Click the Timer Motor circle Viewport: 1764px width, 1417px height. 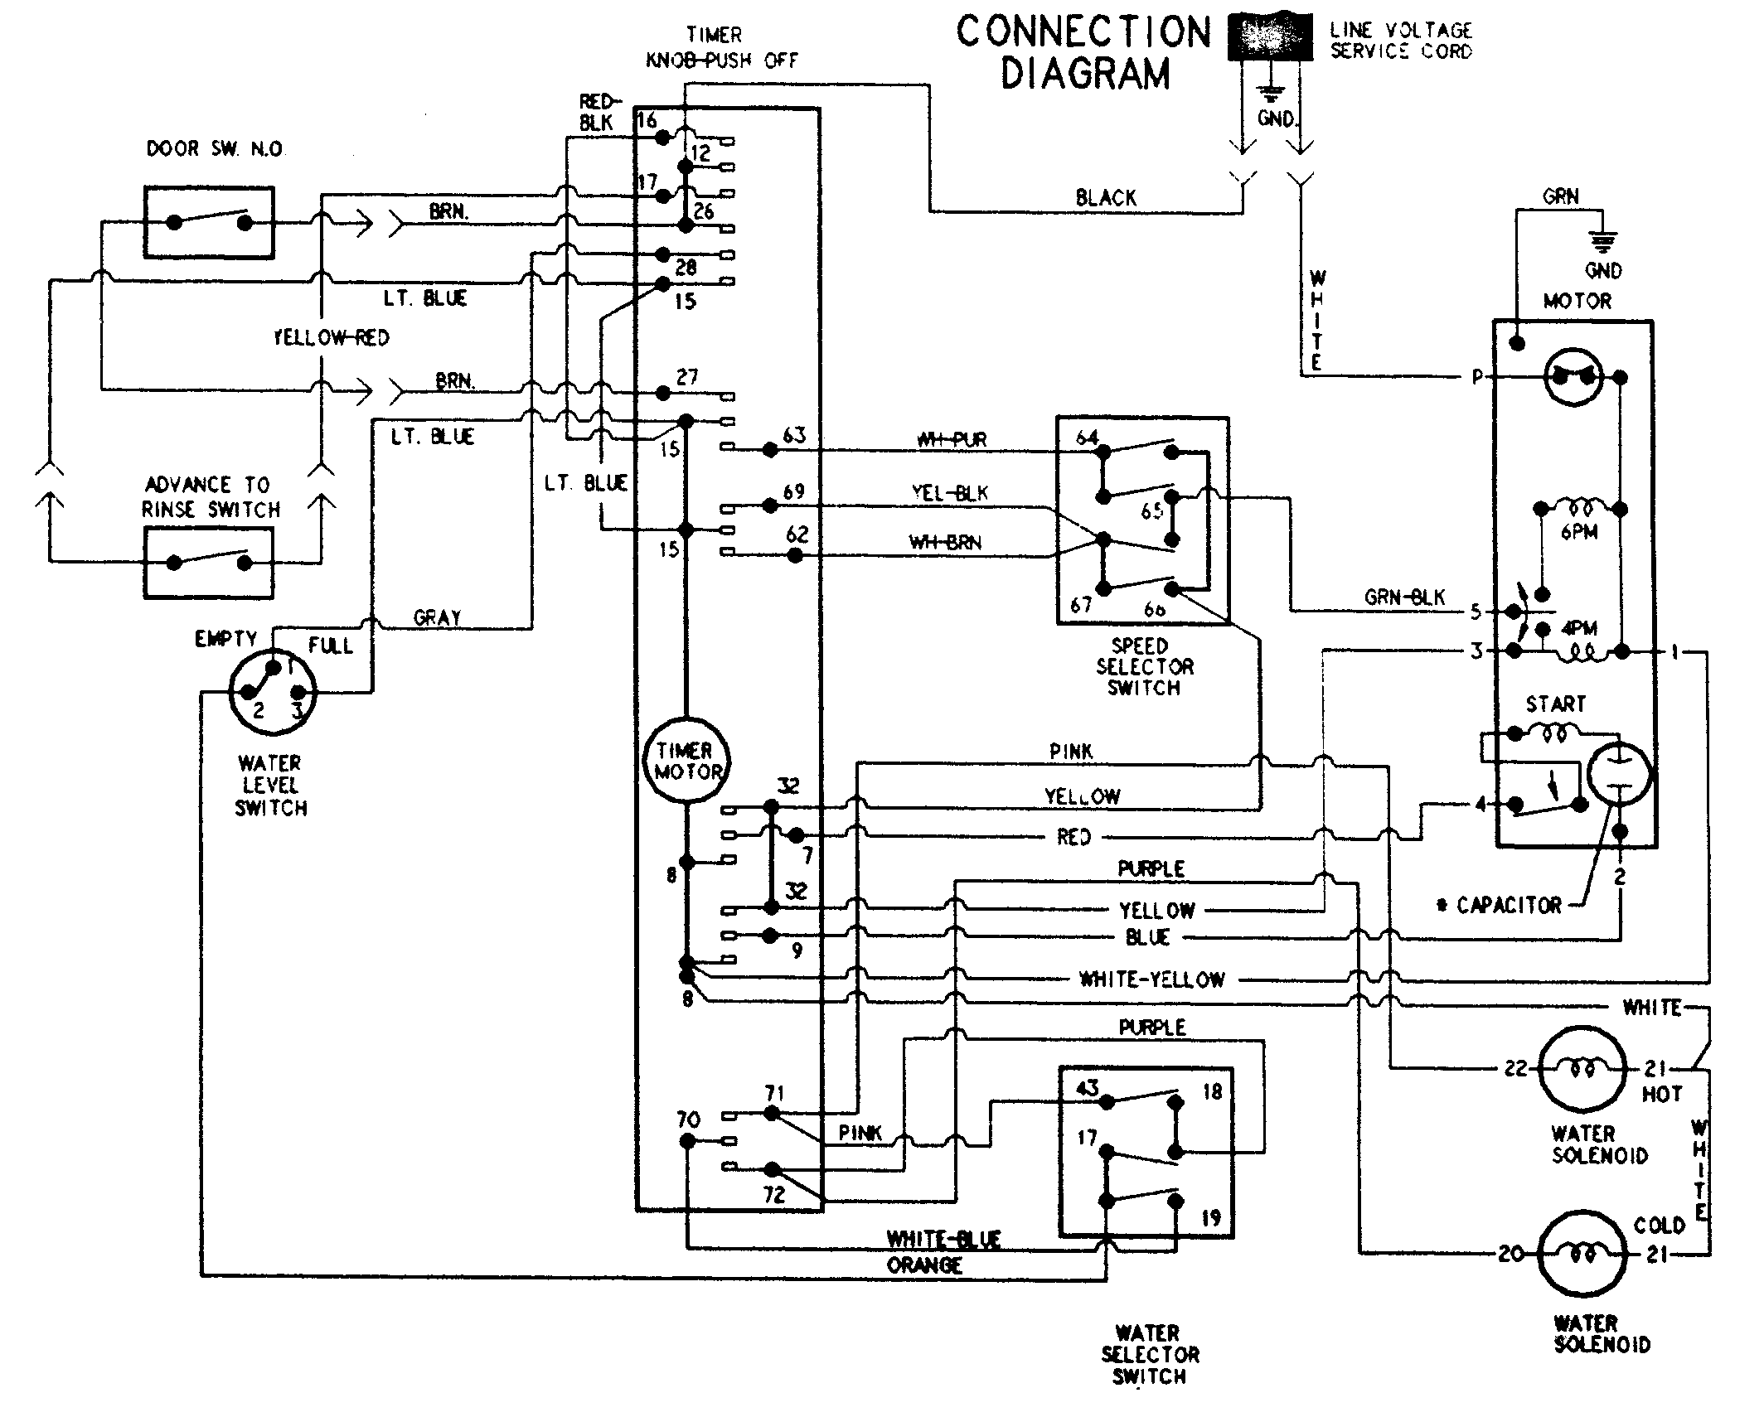[687, 761]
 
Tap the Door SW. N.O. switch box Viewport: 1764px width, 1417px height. [209, 223]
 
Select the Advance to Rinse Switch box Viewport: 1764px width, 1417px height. [209, 562]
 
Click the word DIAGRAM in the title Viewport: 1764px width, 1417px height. [1085, 73]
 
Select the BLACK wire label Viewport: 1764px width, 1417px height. [1106, 198]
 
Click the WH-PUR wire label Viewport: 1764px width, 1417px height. [952, 440]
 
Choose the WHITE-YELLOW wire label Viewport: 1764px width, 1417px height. [1151, 979]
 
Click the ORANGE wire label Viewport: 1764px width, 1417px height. [924, 1265]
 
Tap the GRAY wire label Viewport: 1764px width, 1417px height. [437, 617]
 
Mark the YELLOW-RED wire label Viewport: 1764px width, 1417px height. [331, 337]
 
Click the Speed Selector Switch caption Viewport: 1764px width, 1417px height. [1144, 666]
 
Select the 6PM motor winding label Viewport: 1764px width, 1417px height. [1578, 532]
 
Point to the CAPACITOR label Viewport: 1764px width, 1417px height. [1508, 905]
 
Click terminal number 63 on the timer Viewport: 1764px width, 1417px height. [794, 435]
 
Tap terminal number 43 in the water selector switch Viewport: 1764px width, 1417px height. [1087, 1088]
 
